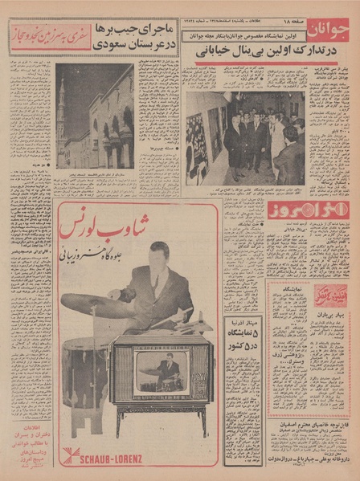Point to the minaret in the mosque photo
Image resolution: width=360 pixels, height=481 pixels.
62,120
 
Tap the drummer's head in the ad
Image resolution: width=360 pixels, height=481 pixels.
159,260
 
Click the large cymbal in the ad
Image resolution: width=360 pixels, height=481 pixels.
90,304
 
